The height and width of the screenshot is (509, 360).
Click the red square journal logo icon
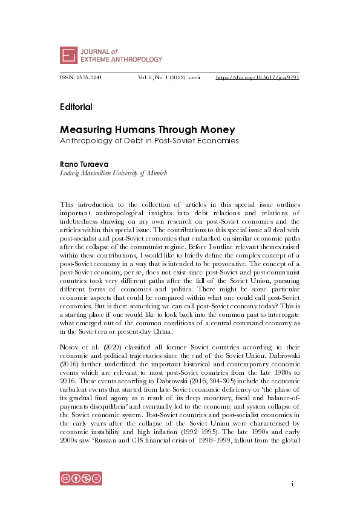[69, 55]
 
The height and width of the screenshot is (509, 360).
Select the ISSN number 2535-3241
[88, 78]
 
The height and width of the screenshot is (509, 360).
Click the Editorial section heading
[76, 107]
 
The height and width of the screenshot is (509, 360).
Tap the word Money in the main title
[217, 129]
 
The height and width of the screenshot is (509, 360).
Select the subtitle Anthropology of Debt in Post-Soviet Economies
[149, 141]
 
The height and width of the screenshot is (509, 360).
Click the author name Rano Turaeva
[82, 164]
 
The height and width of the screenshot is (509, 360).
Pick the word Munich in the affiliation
[157, 173]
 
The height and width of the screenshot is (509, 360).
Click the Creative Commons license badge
[80, 478]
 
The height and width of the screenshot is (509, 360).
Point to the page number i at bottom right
[292, 484]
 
